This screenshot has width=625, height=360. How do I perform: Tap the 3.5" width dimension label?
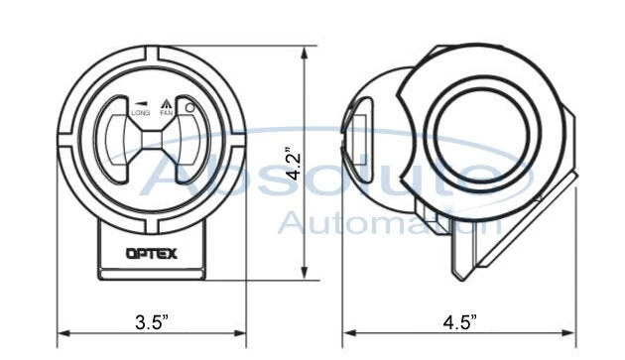click(151, 322)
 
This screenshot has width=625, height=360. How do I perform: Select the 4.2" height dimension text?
click(290, 165)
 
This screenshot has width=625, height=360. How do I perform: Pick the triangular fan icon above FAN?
click(168, 103)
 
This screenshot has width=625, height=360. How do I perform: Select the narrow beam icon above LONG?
click(140, 103)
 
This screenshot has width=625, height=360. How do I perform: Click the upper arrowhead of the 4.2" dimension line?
click(306, 46)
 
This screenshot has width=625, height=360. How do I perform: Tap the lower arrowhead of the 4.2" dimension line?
click(306, 277)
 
